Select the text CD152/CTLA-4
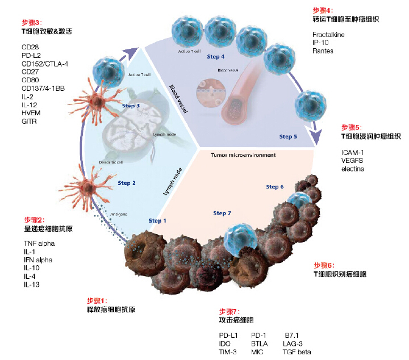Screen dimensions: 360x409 (45, 64)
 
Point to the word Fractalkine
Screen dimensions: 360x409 (328, 35)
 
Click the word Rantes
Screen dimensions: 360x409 (323, 52)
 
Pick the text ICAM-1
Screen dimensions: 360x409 (353, 152)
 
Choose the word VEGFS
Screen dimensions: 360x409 (353, 161)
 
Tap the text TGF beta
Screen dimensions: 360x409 (297, 352)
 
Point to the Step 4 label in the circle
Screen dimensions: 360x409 (215, 57)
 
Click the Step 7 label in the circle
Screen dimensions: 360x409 (223, 213)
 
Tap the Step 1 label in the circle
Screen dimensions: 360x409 (158, 220)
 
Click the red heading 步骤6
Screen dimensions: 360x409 (324, 265)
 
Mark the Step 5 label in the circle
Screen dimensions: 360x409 (288, 136)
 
